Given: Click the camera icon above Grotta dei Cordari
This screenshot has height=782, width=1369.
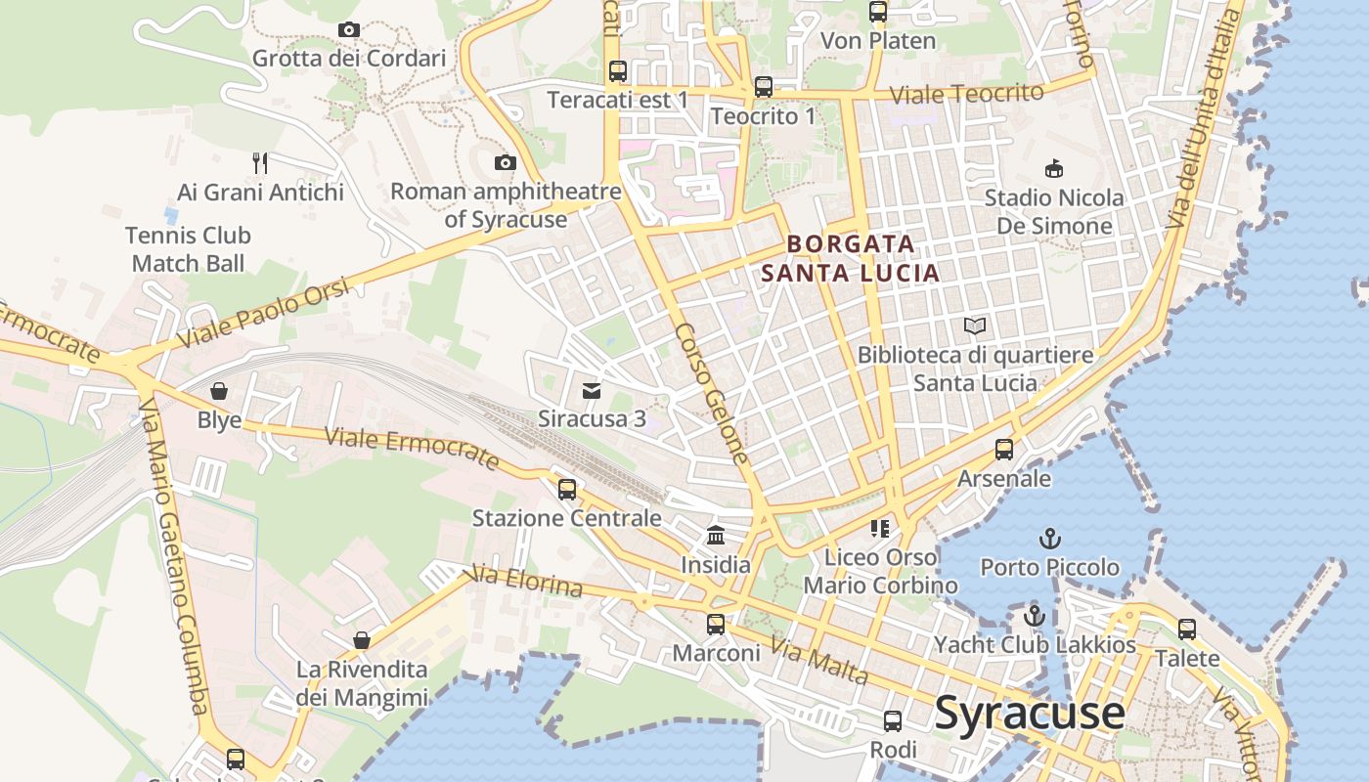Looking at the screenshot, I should point(349,30).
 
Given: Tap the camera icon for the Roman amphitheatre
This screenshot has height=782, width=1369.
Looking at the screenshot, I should point(506,162).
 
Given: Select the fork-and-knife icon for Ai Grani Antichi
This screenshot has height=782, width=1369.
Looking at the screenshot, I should point(259,162).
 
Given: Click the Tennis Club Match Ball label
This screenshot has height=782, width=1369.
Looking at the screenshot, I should point(188,249).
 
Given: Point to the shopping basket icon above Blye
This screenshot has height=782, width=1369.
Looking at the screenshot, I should point(219,392).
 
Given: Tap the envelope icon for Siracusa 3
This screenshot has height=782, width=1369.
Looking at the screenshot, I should point(592,391).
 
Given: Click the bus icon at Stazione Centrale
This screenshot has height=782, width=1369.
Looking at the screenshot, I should point(567,490).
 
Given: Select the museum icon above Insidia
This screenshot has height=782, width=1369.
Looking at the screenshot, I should point(716,536).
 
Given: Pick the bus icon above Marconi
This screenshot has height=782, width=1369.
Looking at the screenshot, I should point(716,624).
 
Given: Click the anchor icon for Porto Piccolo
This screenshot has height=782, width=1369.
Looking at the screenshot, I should point(1049,539).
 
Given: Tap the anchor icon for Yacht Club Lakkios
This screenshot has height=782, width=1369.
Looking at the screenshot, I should point(1035,616).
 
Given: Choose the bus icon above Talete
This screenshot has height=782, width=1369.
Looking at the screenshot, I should point(1187,630).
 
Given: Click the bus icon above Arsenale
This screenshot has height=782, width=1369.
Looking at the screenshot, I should point(1004,450).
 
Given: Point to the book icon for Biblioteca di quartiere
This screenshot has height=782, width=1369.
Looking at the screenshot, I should point(975,326).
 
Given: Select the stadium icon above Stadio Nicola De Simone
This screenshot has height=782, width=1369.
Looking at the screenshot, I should point(1054,169).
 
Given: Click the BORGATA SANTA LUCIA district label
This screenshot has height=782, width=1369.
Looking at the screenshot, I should point(851,258).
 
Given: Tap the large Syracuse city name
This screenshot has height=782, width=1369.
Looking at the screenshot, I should point(1030,713).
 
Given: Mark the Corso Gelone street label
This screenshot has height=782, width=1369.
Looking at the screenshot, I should point(711,393).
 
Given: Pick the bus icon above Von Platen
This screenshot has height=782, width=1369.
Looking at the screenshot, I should point(878,13).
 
